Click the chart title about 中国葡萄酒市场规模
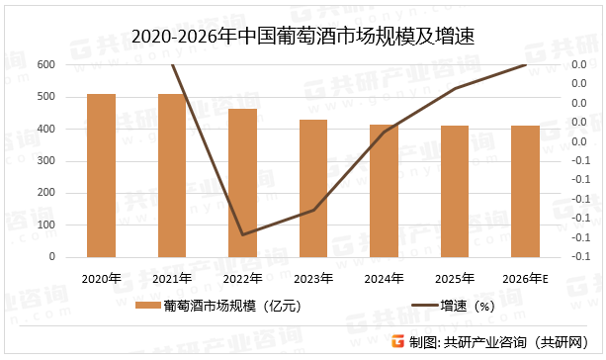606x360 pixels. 303,38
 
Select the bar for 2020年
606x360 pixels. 101,175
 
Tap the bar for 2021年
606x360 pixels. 172,175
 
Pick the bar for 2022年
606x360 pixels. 242,183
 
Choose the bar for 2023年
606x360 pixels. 313,188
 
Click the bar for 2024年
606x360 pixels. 384,191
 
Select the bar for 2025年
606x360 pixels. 455,192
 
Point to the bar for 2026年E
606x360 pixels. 525,192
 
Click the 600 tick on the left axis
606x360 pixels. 46,65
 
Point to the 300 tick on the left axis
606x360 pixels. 46,161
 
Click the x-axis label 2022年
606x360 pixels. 242,278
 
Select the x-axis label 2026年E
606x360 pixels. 526,278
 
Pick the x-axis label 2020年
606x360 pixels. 101,278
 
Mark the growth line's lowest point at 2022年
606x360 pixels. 242,234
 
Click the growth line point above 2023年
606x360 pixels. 313,210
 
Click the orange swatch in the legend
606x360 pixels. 146,307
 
